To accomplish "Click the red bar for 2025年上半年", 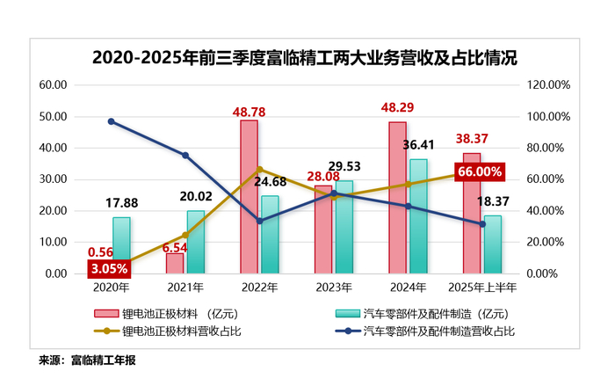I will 472,213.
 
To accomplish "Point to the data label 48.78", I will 250,112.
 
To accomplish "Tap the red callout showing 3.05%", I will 110,267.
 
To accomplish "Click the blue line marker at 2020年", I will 111,121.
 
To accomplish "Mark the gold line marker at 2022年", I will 259,170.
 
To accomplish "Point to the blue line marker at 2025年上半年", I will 482,224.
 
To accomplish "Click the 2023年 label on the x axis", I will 334,286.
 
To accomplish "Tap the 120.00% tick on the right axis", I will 549,85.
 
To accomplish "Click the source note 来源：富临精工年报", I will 88,361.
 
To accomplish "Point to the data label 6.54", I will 176,249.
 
